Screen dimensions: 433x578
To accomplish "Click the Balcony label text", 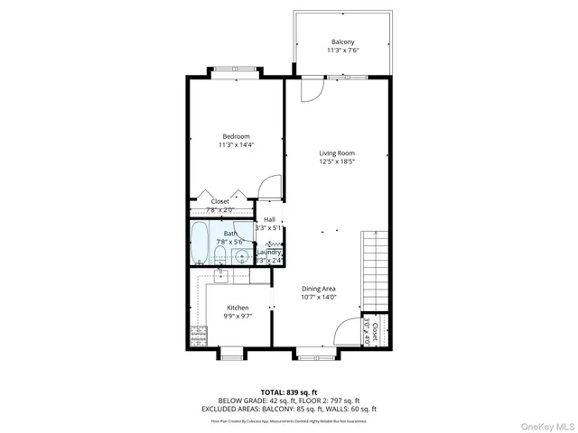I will [342, 42].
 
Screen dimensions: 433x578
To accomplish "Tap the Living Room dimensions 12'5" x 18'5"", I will [336, 162].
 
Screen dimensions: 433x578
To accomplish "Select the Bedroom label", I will [237, 135].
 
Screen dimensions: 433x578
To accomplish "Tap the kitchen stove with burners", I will [198, 337].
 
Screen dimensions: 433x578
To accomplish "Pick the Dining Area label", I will [318, 288].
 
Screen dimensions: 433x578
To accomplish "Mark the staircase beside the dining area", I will [373, 271].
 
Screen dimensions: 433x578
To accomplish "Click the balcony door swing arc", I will [310, 90].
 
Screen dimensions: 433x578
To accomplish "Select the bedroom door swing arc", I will [268, 188].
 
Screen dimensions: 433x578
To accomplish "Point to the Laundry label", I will [269, 252].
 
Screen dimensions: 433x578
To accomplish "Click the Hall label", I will [269, 219].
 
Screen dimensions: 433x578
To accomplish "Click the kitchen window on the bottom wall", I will [230, 352].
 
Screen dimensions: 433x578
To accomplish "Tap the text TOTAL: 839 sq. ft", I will [289, 392].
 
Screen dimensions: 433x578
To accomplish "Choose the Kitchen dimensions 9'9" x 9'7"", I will [238, 317].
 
